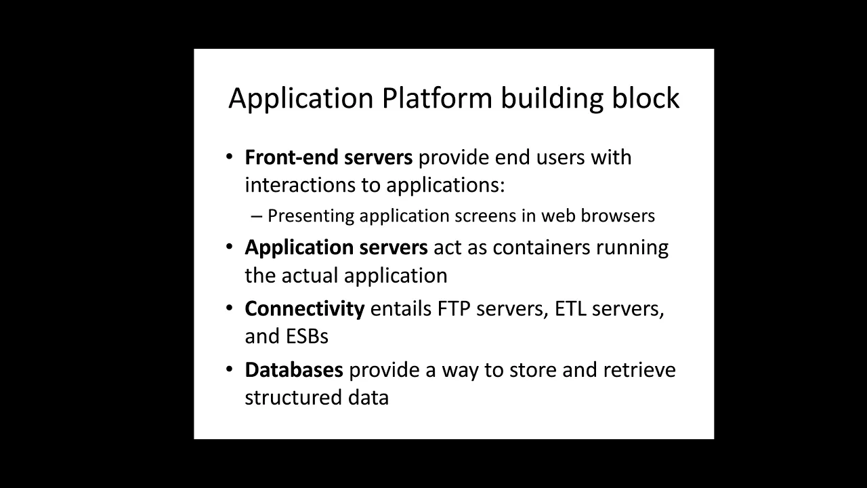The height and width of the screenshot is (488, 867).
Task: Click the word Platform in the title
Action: [x=437, y=98]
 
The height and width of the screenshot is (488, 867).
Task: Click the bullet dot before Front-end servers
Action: [x=230, y=157]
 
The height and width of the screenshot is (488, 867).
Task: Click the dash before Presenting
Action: [x=257, y=216]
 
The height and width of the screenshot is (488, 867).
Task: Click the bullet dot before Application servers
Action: [x=230, y=246]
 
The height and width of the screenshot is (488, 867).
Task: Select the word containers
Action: [x=541, y=247]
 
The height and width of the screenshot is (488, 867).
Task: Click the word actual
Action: [x=310, y=276]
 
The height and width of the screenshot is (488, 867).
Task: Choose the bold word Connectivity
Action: [x=305, y=309]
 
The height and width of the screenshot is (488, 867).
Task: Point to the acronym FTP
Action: [x=454, y=308]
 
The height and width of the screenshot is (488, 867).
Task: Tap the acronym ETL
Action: [x=570, y=308]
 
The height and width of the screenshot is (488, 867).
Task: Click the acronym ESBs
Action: [x=308, y=336]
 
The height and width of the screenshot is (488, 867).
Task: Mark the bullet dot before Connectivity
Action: [x=230, y=308]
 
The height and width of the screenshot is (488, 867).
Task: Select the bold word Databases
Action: [x=294, y=370]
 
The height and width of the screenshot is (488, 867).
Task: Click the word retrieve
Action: [x=639, y=370]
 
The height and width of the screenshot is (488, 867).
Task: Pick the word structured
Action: [x=293, y=398]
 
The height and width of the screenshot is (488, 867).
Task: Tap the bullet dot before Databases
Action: [x=230, y=369]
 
